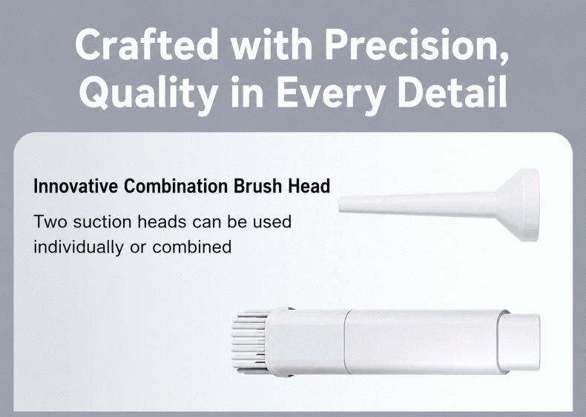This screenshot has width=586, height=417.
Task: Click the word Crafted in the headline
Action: pyautogui.click(x=147, y=44)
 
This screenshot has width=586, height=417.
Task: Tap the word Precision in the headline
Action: pyautogui.click(x=416, y=45)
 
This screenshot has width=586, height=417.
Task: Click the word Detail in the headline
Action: pyautogui.click(x=452, y=90)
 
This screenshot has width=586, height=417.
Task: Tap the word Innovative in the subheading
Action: pyautogui.click(x=76, y=186)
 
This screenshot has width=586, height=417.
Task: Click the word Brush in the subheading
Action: pyautogui.click(x=257, y=186)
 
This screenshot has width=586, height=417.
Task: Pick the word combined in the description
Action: pyautogui.click(x=191, y=247)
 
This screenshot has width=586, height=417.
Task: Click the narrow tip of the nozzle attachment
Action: pyautogui.click(x=343, y=204)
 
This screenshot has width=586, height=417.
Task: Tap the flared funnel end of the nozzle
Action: pyautogui.click(x=518, y=205)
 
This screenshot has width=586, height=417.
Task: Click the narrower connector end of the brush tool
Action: pyautogui.click(x=522, y=342)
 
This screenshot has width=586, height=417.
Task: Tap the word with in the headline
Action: pyautogui.click(x=271, y=44)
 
